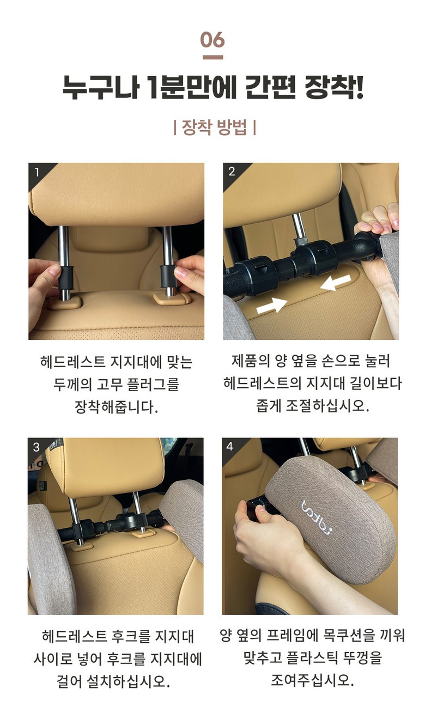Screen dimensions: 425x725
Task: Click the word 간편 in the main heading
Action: pos(270,88)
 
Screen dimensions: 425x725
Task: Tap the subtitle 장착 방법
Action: pos(214,127)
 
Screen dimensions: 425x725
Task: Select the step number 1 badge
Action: pos(37,172)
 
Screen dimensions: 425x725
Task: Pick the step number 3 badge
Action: pos(37,447)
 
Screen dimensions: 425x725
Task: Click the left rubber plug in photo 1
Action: pos(65,278)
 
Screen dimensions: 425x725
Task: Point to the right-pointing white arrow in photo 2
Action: pos(272,306)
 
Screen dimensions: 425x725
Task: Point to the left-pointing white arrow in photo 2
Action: pos(336,283)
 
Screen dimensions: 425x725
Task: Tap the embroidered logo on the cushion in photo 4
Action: pos(317,517)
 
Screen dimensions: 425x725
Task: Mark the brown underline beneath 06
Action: pos(212,57)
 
